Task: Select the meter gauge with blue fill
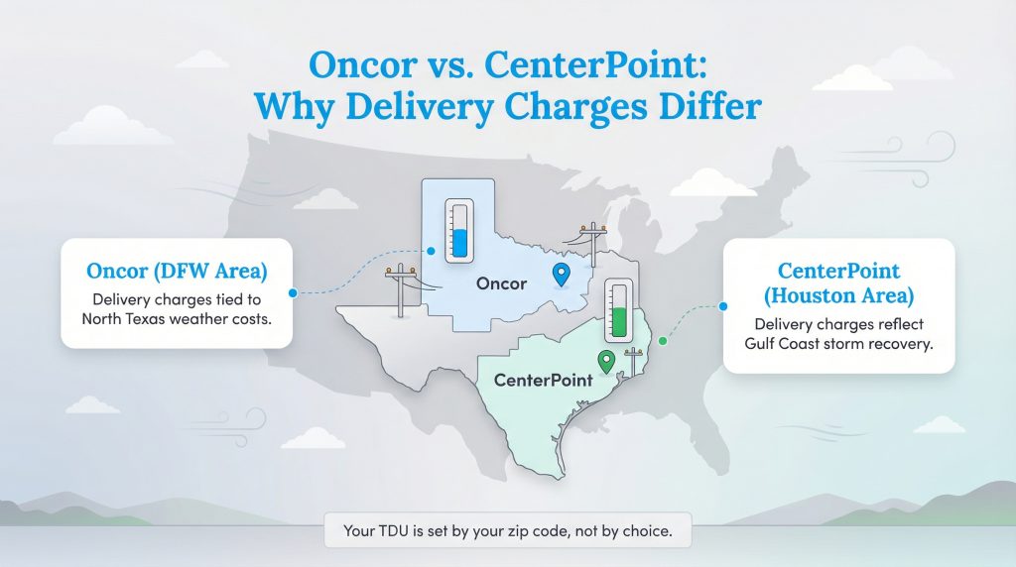click(x=458, y=230)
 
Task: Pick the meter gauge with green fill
click(x=620, y=310)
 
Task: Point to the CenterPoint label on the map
click(x=543, y=380)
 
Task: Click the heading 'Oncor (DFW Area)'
click(x=177, y=270)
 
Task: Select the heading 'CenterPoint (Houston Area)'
click(x=838, y=283)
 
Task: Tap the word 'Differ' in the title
click(x=708, y=104)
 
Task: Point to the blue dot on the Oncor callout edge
click(x=293, y=292)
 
